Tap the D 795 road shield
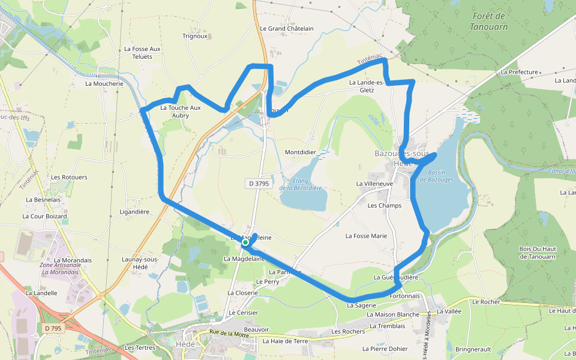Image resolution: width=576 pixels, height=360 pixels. [53, 328]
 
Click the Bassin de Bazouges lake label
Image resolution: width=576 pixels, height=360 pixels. [436, 176]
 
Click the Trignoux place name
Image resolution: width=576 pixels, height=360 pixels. [195, 36]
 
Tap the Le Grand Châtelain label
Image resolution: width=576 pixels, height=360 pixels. [287, 28]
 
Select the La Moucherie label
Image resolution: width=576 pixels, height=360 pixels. [104, 84]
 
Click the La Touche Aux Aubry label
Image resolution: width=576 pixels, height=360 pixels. [181, 112]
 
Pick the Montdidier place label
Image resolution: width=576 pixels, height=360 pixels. [300, 152]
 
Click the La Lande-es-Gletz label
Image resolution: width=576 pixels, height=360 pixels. [366, 86]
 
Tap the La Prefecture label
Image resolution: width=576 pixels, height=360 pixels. [519, 72]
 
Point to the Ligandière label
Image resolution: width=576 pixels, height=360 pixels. [134, 212]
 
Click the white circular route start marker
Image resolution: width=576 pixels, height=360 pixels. [245, 244]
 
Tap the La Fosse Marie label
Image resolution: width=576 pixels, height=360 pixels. [366, 236]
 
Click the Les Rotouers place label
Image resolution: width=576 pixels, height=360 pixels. [69, 178]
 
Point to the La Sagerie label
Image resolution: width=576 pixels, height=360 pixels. [361, 305]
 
